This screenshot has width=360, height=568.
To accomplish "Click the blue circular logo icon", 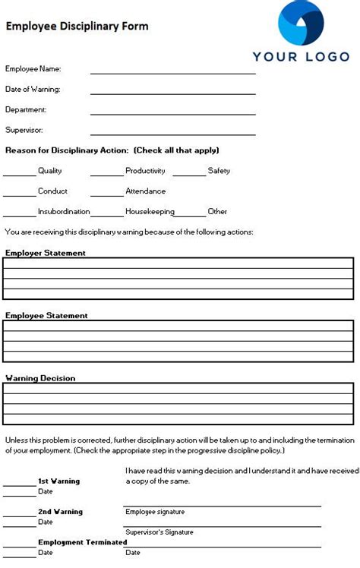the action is [301, 23].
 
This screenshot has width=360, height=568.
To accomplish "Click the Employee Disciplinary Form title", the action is [77, 26].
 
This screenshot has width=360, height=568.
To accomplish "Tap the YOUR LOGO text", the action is [301, 56].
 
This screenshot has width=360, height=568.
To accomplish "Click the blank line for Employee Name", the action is [173, 72].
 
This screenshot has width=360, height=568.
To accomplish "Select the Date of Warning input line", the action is [173, 93].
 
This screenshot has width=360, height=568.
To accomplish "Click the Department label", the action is [26, 109].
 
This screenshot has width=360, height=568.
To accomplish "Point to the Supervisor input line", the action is [173, 134].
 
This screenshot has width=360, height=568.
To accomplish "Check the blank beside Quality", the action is [19, 174].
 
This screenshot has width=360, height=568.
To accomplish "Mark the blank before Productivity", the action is [106, 174].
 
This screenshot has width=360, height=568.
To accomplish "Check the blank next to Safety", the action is [188, 174].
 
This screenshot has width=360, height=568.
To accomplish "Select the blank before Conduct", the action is [19, 194].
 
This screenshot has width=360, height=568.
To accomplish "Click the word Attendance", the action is [145, 191].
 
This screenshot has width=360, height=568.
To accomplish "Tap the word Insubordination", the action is [64, 211].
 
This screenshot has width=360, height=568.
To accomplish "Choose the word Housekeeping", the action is [150, 211].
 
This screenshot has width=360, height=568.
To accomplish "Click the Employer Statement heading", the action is [46, 253].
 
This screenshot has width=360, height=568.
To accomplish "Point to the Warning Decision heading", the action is [40, 377].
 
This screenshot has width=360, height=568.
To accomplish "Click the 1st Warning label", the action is [58, 481].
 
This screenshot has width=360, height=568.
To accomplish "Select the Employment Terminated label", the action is [82, 542].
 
